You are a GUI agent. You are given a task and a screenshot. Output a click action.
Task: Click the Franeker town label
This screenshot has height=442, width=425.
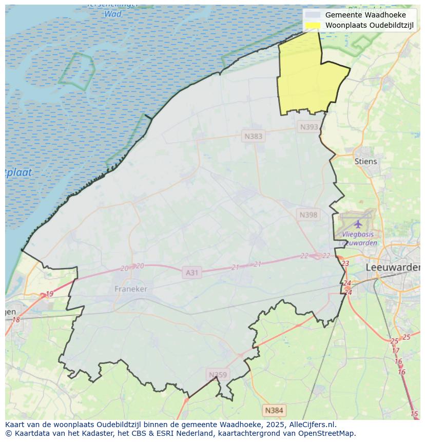[x=130, y=289]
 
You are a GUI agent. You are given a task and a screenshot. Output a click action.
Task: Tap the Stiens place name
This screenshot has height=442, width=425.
[x=365, y=161]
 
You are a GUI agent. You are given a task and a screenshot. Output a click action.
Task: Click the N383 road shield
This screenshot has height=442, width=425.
[x=253, y=136]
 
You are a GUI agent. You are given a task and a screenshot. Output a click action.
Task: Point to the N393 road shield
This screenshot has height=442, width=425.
[x=309, y=127]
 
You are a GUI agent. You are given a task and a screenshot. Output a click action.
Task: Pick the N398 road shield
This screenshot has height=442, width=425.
[x=308, y=215]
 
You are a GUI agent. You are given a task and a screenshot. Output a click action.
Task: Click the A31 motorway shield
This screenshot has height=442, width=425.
[x=191, y=273]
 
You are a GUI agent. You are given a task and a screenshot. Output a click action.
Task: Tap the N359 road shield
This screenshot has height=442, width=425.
[x=217, y=375]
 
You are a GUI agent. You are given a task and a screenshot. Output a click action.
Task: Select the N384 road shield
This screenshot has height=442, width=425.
[x=274, y=410]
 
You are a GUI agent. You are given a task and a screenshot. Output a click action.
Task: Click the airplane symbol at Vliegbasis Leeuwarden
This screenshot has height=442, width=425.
[x=358, y=224]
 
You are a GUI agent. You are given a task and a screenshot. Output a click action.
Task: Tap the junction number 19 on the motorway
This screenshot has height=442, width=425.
[x=49, y=294]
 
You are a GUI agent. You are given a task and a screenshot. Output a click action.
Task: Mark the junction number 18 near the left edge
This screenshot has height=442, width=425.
[x=15, y=320]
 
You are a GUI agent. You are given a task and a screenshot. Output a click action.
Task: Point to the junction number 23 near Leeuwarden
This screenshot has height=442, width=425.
[x=345, y=263]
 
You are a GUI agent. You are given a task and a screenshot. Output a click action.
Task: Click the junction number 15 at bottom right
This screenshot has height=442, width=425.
[x=414, y=414]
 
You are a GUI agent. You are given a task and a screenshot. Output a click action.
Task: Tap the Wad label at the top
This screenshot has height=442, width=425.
[x=113, y=14]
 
